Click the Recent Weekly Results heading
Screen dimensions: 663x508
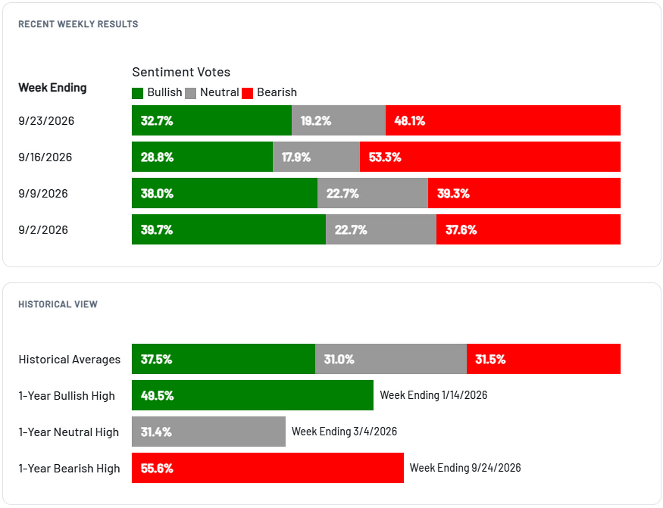click(x=78, y=24)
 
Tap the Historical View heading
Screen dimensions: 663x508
click(x=58, y=304)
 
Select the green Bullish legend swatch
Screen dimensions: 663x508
click(x=138, y=93)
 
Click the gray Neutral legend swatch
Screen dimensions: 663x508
click(x=190, y=93)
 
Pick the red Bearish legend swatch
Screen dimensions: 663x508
click(x=247, y=93)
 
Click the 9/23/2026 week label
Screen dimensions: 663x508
click(x=46, y=121)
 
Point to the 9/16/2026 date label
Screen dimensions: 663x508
click(x=45, y=157)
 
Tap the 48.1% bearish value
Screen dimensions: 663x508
click(x=409, y=121)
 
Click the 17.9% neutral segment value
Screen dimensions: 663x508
click(x=296, y=157)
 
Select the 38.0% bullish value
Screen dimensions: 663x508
click(x=157, y=193)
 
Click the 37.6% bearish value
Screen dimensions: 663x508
click(x=461, y=229)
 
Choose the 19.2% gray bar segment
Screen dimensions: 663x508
click(x=339, y=120)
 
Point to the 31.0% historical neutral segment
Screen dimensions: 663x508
click(x=391, y=359)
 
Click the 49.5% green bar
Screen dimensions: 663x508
click(x=253, y=395)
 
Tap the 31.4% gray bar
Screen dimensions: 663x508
click(x=209, y=432)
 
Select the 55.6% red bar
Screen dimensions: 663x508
click(x=268, y=468)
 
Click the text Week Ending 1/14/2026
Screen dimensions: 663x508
click(x=433, y=395)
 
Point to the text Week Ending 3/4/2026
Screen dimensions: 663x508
click(x=344, y=431)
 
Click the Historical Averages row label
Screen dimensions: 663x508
click(x=69, y=359)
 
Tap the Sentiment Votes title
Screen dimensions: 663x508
click(x=181, y=72)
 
